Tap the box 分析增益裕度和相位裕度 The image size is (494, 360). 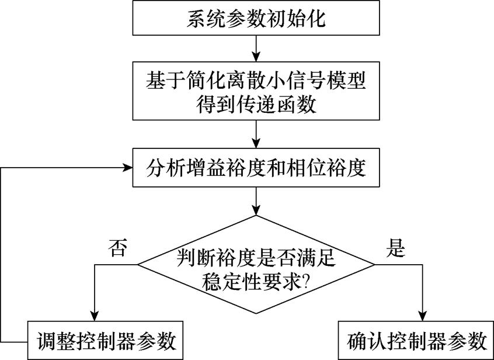[x=256, y=168]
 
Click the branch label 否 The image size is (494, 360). [x=116, y=248]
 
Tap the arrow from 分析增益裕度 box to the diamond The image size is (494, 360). [x=256, y=202]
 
